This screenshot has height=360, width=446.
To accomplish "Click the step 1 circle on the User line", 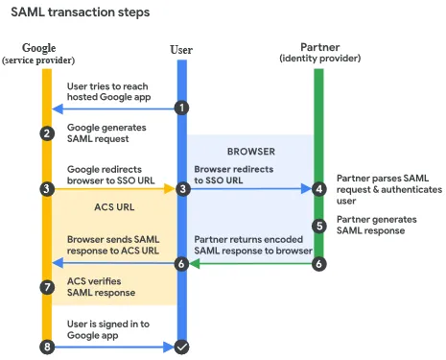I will point(180,108).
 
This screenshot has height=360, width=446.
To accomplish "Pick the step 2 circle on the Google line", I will point(46,133).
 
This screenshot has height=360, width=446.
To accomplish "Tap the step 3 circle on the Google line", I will point(46,189).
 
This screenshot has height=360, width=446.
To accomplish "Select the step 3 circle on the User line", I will point(182,190).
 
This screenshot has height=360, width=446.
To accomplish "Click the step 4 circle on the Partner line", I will point(319,189).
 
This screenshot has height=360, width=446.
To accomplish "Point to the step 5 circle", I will point(319,226).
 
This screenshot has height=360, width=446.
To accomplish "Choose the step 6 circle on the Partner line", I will point(319,263).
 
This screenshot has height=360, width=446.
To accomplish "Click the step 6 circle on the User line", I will point(180,263).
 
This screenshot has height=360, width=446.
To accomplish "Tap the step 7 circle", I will point(46,287).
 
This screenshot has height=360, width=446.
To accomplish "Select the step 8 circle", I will point(46,346).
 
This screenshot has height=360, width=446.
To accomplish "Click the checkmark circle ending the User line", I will point(180,346).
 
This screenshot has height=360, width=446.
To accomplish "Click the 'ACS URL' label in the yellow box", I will point(113,206).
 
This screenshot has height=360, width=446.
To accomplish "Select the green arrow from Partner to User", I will point(249,263).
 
